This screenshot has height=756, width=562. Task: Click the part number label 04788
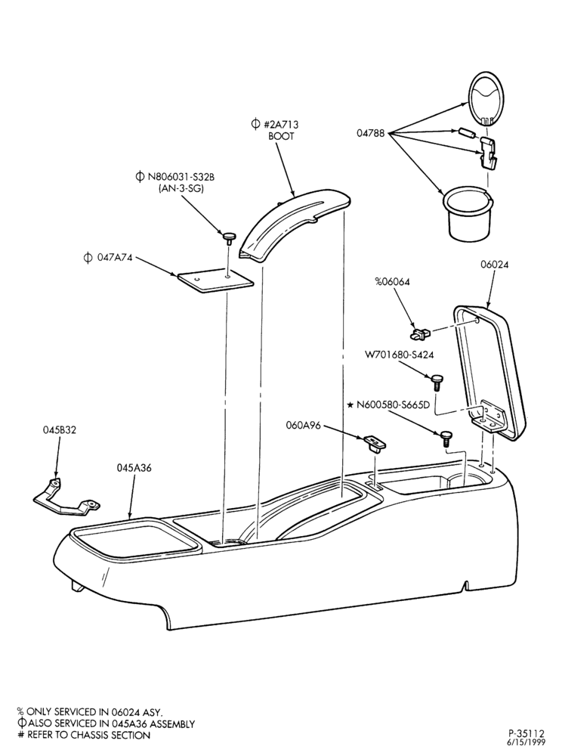click(370, 133)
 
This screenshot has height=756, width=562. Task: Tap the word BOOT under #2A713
click(281, 136)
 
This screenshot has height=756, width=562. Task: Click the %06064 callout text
click(393, 282)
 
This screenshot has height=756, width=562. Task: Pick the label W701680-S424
click(400, 355)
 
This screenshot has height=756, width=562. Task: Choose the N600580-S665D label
click(393, 405)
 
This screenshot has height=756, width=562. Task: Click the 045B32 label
click(59, 431)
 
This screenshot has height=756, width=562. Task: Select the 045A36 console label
click(134, 468)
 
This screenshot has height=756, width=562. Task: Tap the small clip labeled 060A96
click(375, 442)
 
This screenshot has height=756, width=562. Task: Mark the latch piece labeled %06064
click(420, 333)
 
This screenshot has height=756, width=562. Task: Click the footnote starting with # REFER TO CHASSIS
click(84, 736)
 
